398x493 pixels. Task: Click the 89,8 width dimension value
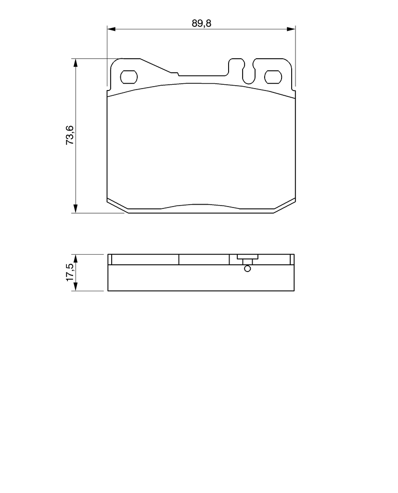pyautogui.click(x=202, y=23)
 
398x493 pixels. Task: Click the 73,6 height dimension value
pyautogui.click(x=69, y=135)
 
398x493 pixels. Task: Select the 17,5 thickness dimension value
pyautogui.click(x=69, y=272)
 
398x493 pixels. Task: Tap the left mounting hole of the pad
pyautogui.click(x=129, y=77)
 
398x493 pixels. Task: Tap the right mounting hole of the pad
pyautogui.click(x=273, y=77)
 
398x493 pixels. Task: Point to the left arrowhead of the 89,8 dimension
pyautogui.click(x=112, y=29)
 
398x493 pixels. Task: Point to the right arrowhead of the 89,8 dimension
pyautogui.click(x=291, y=29)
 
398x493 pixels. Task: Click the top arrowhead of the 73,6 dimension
pyautogui.click(x=75, y=63)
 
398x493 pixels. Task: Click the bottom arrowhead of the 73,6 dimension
pyautogui.click(x=75, y=208)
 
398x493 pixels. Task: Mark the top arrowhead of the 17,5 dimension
pyautogui.click(x=75, y=259)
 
